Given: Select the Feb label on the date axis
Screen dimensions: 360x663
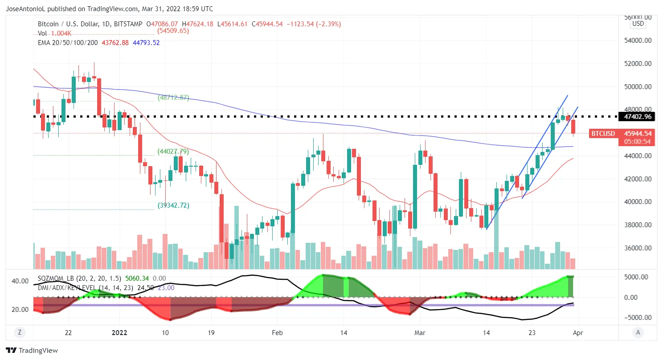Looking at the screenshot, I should tap(277, 332).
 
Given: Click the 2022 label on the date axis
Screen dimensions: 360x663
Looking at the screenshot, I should tap(119, 332).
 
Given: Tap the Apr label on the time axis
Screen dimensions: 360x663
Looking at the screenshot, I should tap(578, 332).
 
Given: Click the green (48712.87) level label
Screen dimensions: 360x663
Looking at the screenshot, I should tap(174, 98).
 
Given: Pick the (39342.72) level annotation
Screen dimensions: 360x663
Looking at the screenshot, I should tap(174, 205).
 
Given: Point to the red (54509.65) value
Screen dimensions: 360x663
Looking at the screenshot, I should tap(173, 31).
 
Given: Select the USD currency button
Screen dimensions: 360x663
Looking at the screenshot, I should tap(638, 24).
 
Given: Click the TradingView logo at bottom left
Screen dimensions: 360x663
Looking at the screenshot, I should tap(32, 351).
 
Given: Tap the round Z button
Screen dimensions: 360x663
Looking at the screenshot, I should tap(19, 332).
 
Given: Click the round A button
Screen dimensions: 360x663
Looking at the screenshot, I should tap(638, 332).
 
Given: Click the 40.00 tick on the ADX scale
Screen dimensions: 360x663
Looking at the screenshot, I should tap(20, 281).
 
